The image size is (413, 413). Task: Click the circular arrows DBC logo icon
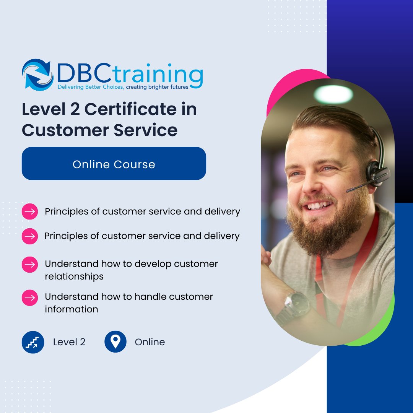37,74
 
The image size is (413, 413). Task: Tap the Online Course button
114,164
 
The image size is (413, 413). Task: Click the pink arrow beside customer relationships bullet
30,264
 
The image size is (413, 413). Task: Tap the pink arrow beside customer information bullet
30,297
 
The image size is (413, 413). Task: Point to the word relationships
74,276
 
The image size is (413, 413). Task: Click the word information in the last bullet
72,309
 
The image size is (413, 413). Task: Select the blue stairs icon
33,342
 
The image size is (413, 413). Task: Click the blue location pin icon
115,342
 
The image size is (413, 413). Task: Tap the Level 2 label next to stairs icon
69,342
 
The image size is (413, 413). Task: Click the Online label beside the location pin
150,342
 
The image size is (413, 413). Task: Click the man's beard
325,229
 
